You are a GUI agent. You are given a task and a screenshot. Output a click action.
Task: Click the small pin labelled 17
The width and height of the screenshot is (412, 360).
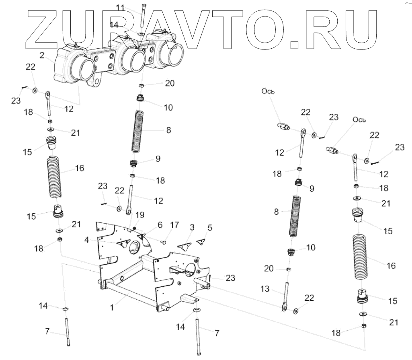(x=164, y=241)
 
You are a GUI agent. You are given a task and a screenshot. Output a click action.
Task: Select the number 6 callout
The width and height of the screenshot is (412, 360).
(x=160, y=226)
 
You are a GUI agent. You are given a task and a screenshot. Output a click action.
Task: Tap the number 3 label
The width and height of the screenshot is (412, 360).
(x=192, y=228)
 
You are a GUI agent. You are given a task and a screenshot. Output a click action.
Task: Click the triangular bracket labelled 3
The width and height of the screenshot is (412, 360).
(x=185, y=246)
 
